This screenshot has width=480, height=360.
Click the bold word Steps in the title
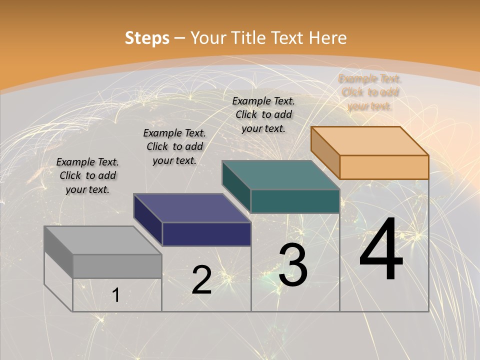146,38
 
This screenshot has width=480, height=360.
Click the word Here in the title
328,38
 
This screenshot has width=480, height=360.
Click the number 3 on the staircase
293,264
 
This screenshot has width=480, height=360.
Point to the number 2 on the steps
201,280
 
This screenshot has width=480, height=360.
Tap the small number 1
116,295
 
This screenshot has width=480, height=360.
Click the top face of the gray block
103,240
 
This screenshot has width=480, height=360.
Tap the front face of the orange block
384,167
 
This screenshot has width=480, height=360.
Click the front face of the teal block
295,201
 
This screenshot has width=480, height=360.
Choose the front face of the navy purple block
206,234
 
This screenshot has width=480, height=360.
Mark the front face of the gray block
117,266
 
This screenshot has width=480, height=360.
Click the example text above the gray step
87,175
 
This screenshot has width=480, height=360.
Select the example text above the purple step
174,146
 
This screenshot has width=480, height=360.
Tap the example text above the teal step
263,114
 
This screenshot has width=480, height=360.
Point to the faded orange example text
369,92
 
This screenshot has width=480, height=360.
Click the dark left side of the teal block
236,186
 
